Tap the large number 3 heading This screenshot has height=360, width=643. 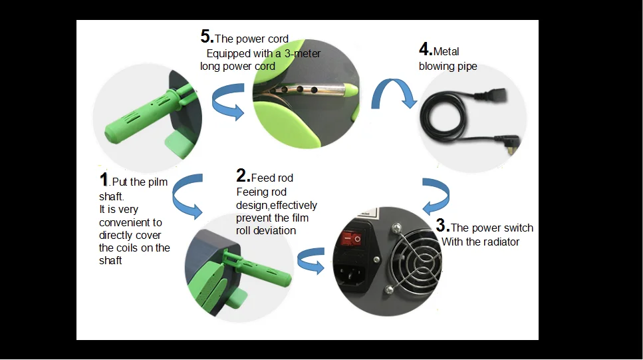[442, 226]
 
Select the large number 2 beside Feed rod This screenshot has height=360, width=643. [242, 176]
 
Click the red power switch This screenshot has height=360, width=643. [352, 238]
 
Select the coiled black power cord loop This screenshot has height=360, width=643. [444, 116]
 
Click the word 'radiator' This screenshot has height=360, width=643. [500, 242]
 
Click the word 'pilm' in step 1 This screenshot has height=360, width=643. [157, 182]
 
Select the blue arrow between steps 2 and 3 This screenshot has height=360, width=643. [311, 260]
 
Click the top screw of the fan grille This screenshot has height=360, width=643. [396, 227]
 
